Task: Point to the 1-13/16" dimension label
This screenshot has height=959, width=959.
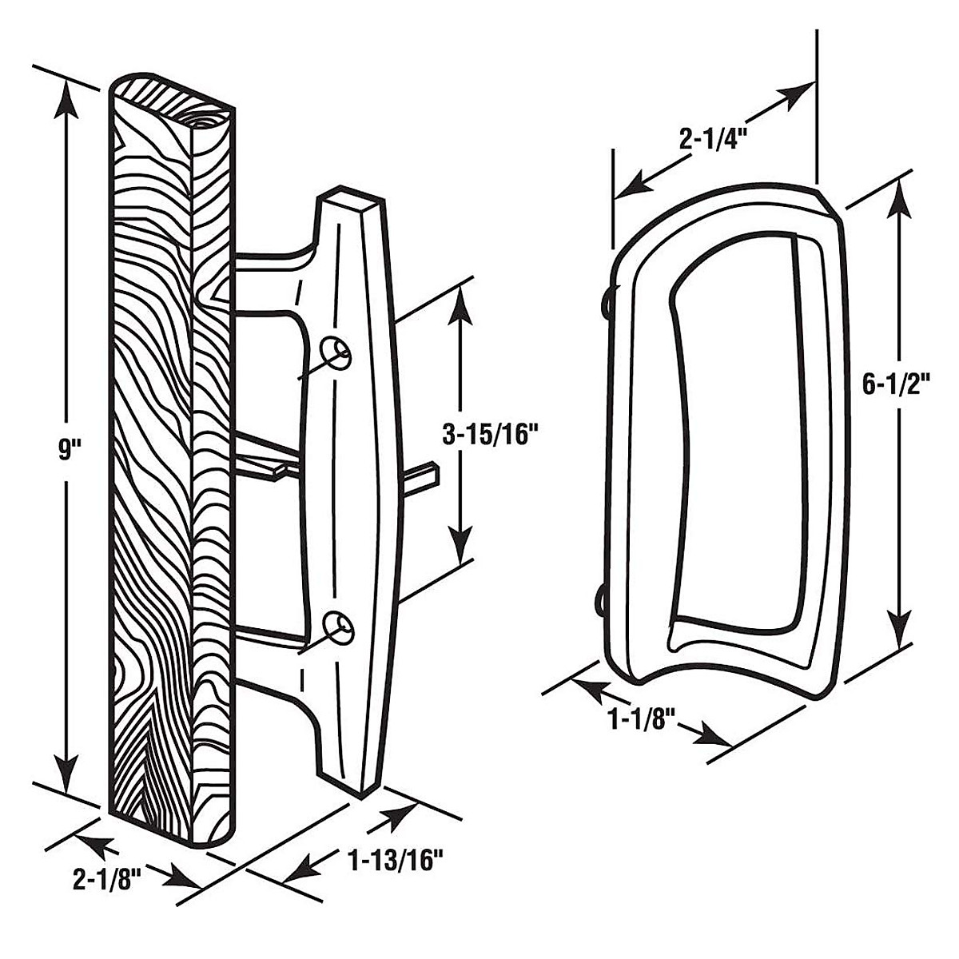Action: [396, 862]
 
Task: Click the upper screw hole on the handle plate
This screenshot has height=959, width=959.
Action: [336, 352]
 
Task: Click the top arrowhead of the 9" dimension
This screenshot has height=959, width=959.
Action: [66, 96]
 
